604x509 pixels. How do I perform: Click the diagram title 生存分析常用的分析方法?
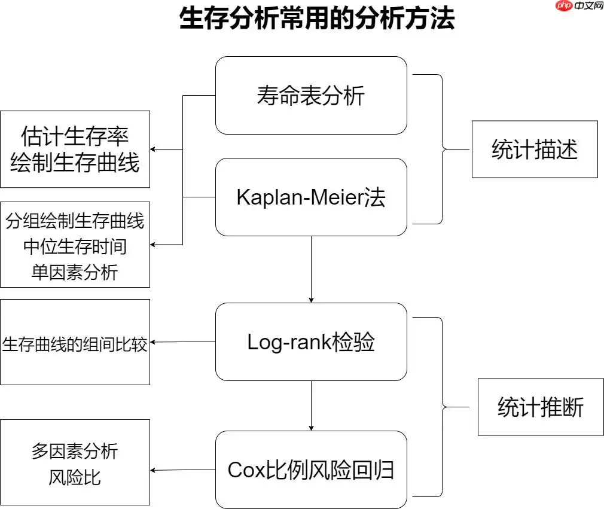(317, 19)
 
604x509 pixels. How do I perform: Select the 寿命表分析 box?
(311, 96)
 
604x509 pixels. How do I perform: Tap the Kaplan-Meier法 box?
(311, 197)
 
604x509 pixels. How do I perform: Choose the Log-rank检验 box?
(311, 342)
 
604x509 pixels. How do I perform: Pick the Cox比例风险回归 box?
(311, 470)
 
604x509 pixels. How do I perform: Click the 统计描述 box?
(535, 150)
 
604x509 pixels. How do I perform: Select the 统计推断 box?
(541, 408)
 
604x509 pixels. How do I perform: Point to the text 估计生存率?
(75, 136)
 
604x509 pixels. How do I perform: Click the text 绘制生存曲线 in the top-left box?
(75, 163)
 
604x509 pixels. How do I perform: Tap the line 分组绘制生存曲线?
(75, 221)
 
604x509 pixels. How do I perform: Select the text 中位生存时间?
(75, 246)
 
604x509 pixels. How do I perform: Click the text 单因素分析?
(75, 272)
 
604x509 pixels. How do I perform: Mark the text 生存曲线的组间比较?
(75, 345)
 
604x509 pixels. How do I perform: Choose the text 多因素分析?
(75, 451)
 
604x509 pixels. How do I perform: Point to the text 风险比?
(75, 477)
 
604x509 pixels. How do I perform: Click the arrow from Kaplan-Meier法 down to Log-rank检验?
(311, 269)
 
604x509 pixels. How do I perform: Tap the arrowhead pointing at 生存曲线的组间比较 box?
(153, 342)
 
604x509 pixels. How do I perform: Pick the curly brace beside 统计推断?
(443, 407)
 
